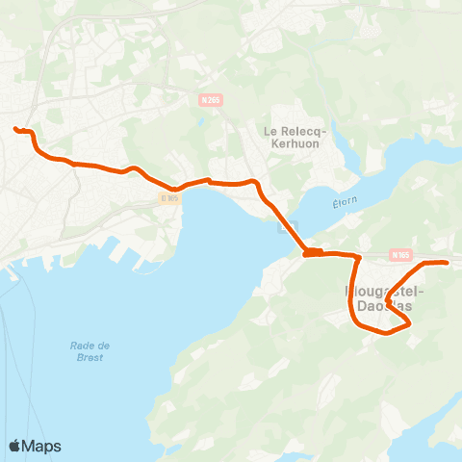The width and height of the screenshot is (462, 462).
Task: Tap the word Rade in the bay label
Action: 83,346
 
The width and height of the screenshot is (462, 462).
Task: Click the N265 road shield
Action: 211,97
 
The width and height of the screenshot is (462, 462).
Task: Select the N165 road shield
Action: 400,254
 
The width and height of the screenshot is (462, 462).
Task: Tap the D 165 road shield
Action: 169,198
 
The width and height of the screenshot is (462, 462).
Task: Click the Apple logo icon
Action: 15,446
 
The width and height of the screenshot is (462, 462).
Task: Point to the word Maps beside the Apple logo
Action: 42,446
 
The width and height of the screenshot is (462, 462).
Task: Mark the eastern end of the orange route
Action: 447,262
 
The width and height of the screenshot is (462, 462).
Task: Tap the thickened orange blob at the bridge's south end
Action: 312,253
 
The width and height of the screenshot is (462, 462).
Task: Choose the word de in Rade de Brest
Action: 104,346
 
